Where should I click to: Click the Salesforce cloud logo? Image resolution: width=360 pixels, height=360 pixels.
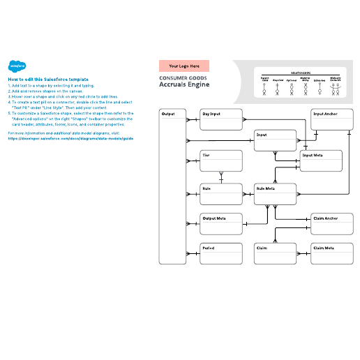[x=17, y=66]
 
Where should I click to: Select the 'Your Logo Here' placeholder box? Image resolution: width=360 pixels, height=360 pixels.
[x=183, y=66]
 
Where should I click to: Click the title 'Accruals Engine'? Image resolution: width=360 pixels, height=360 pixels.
[x=183, y=84]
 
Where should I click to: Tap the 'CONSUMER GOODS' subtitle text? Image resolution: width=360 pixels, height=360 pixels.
[x=182, y=77]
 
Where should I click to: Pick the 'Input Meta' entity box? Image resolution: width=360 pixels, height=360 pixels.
[x=322, y=160]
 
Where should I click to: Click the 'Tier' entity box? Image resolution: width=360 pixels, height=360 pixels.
[x=221, y=160]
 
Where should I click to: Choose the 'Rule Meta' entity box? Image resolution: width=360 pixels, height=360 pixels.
[x=276, y=194]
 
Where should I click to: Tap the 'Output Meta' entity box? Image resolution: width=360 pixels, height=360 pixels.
[x=221, y=223]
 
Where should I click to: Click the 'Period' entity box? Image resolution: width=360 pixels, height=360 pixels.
[x=221, y=253]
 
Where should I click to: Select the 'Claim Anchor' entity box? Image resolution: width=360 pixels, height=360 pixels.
[x=331, y=223]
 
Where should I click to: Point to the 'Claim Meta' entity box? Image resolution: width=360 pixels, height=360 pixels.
[x=331, y=253]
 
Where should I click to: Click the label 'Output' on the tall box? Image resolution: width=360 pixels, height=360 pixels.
[x=168, y=113]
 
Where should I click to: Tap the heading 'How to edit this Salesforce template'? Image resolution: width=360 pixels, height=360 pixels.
[x=48, y=80]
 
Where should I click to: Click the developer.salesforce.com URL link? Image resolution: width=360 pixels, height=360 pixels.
[x=70, y=138]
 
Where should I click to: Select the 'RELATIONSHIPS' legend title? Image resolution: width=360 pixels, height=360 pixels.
[x=301, y=71]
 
